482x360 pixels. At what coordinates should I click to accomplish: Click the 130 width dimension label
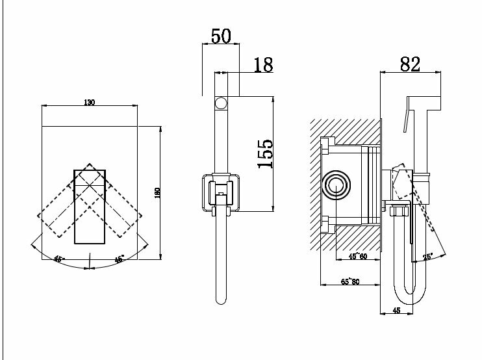pos(90,103)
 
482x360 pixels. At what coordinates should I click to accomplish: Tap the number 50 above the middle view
pos(221,36)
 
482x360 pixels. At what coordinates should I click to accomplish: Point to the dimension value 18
pos(263,65)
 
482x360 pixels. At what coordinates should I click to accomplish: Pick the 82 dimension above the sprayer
pos(411,64)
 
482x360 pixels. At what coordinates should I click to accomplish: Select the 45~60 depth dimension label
pos(358,255)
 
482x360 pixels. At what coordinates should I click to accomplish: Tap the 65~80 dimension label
pos(351,281)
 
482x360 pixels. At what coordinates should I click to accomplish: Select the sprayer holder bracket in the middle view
pos(220,192)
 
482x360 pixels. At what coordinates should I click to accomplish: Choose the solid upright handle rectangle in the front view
pos(90,205)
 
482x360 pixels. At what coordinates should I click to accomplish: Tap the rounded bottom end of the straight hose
pos(220,300)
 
